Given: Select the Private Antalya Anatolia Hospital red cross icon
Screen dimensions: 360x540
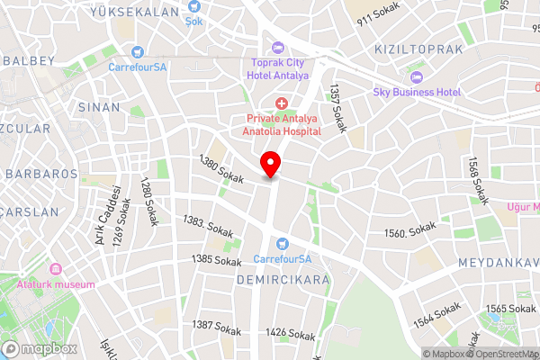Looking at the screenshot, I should (x=282, y=105).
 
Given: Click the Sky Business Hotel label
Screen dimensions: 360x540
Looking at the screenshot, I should (x=418, y=92).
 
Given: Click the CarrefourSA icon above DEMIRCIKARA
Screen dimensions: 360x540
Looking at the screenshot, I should (x=282, y=243).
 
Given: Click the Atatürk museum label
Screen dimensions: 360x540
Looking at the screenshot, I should (x=56, y=284).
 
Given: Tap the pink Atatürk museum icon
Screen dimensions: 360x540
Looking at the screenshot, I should (x=56, y=269).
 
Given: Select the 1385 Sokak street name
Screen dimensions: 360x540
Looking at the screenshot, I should (x=216, y=260).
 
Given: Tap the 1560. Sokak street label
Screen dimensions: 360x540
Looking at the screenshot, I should (x=409, y=232).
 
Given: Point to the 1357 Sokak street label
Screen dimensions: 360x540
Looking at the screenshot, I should (x=337, y=109).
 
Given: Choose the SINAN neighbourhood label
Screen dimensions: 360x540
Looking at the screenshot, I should (x=99, y=106).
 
